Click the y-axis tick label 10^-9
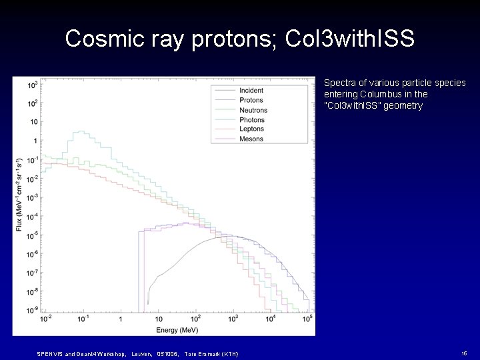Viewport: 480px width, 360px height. tap(31, 310)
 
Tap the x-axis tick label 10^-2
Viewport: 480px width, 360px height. tap(46, 319)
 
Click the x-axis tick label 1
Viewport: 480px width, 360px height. tap(120, 319)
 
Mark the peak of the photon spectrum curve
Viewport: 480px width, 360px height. tap(81, 131)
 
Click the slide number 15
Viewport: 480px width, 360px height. tap(463, 353)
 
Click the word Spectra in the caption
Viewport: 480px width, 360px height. tap(337, 83)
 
